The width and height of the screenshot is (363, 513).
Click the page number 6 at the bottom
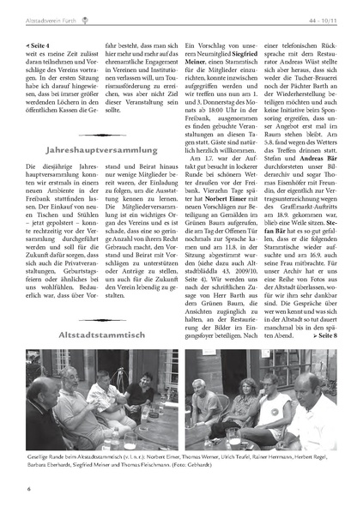[28, 489]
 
